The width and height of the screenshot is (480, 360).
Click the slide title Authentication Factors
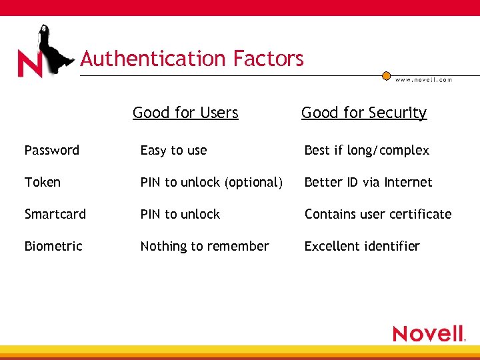pyautogui.click(x=192, y=59)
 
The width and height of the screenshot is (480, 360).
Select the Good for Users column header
pyautogui.click(x=185, y=113)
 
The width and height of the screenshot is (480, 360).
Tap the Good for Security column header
pyautogui.click(x=363, y=113)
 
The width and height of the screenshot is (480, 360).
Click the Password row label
pyautogui.click(x=52, y=151)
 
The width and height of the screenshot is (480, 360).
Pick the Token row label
pyautogui.click(x=43, y=182)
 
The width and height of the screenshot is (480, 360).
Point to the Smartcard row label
pyautogui.click(x=55, y=214)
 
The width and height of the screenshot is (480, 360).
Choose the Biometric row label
pyautogui.click(x=53, y=246)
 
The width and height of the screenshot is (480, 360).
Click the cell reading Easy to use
pyautogui.click(x=173, y=151)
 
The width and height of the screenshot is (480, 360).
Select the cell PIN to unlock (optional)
pyautogui.click(x=211, y=182)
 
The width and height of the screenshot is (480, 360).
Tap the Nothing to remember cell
pyautogui.click(x=205, y=246)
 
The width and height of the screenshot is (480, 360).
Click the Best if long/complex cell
pyautogui.click(x=367, y=151)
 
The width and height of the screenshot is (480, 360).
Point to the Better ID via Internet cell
pyautogui.click(x=368, y=182)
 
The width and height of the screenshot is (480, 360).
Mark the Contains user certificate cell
pyautogui.click(x=378, y=214)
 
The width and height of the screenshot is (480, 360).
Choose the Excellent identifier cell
pyautogui.click(x=362, y=246)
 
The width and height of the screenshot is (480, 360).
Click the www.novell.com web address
pyautogui.click(x=423, y=80)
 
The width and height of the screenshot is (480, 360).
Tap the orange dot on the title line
pyautogui.click(x=386, y=76)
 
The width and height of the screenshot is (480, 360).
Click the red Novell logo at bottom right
pyautogui.click(x=428, y=333)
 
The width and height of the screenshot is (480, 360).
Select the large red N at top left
pyautogui.click(x=30, y=64)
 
